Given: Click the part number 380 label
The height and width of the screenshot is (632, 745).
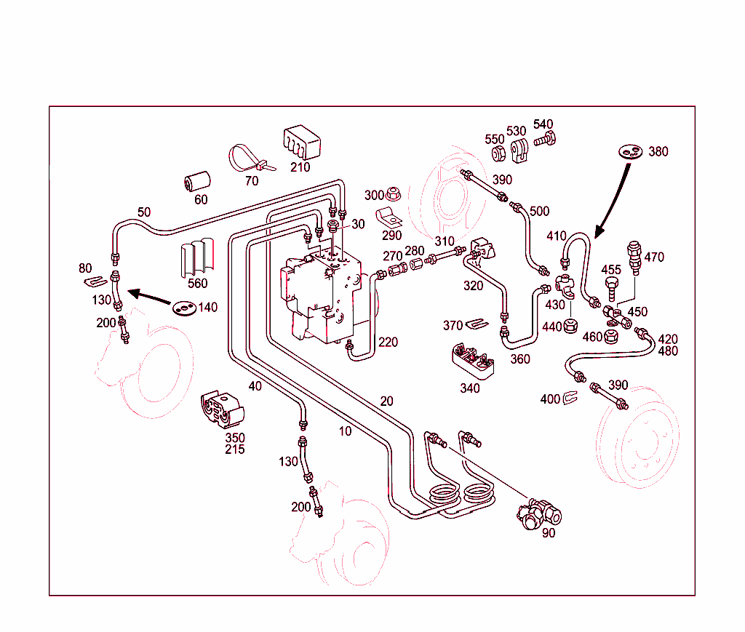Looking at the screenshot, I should [658, 152].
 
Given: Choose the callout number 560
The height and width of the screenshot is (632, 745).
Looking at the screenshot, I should [197, 284].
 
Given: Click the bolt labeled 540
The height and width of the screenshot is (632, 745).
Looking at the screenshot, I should [546, 139].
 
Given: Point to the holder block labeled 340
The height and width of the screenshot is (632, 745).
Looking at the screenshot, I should [473, 361].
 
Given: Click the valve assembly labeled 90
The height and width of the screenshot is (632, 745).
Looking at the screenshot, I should [541, 513].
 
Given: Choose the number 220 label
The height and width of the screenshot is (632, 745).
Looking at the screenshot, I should [388, 342].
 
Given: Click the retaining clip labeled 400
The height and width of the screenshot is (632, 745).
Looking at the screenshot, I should [570, 399].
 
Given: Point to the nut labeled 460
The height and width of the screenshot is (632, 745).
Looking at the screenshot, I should [611, 337].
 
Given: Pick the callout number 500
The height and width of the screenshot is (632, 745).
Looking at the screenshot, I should [539, 212].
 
